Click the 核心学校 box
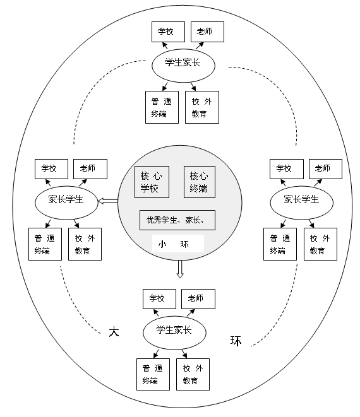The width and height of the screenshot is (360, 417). (152, 182)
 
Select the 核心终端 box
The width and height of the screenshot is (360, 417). (200, 182)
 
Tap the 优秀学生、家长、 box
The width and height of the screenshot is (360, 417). (177, 220)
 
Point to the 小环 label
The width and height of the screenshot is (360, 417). (174, 244)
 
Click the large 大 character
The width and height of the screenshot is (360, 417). (114, 332)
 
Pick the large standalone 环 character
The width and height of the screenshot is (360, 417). (236, 341)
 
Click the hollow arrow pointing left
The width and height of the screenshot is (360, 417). (108, 201)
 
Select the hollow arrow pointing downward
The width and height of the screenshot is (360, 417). (180, 269)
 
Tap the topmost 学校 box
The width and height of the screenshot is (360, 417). (168, 32)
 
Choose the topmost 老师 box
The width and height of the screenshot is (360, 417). (207, 32)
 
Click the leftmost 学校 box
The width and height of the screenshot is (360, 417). (51, 169)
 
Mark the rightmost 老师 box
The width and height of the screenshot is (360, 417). (325, 169)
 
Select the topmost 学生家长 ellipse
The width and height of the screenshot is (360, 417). (183, 66)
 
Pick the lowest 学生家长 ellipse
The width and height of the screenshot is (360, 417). (175, 332)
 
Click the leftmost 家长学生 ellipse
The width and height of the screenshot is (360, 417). (66, 203)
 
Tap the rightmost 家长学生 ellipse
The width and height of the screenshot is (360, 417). (302, 203)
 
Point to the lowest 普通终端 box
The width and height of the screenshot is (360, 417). (153, 375)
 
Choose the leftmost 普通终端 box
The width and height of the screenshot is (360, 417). (45, 244)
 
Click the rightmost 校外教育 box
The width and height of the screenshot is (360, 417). (321, 244)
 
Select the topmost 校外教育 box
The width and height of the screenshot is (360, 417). (202, 107)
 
